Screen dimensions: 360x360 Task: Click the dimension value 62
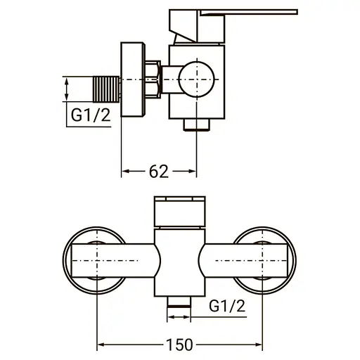pos(160,172)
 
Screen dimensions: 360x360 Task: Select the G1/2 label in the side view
pos(90,116)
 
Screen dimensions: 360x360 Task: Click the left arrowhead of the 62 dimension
pos(127,172)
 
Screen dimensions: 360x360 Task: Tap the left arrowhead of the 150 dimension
pos(100,345)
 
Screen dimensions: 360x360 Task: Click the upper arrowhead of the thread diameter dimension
pos(66,81)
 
